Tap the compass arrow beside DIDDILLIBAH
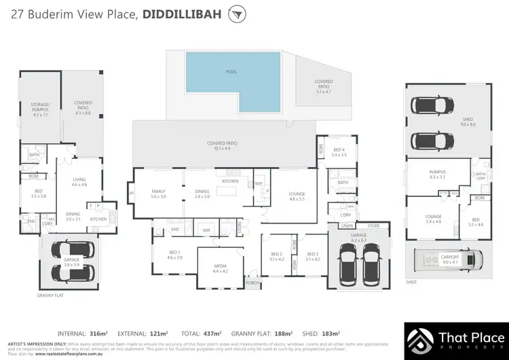(236, 14)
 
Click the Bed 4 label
(339, 152)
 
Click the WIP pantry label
(259, 184)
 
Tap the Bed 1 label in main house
(174, 255)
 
